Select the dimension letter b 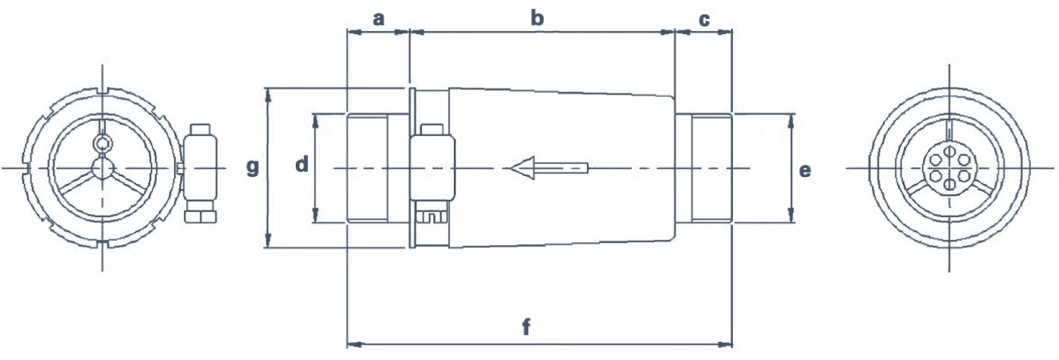pyautogui.click(x=537, y=19)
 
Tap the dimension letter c pyautogui.click(x=704, y=19)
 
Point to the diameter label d pyautogui.click(x=302, y=164)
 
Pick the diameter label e pyautogui.click(x=806, y=170)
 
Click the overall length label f pyautogui.click(x=526, y=327)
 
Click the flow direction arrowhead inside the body pyautogui.click(x=522, y=167)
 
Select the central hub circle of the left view pyautogui.click(x=101, y=167)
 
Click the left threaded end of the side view pyautogui.click(x=367, y=168)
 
